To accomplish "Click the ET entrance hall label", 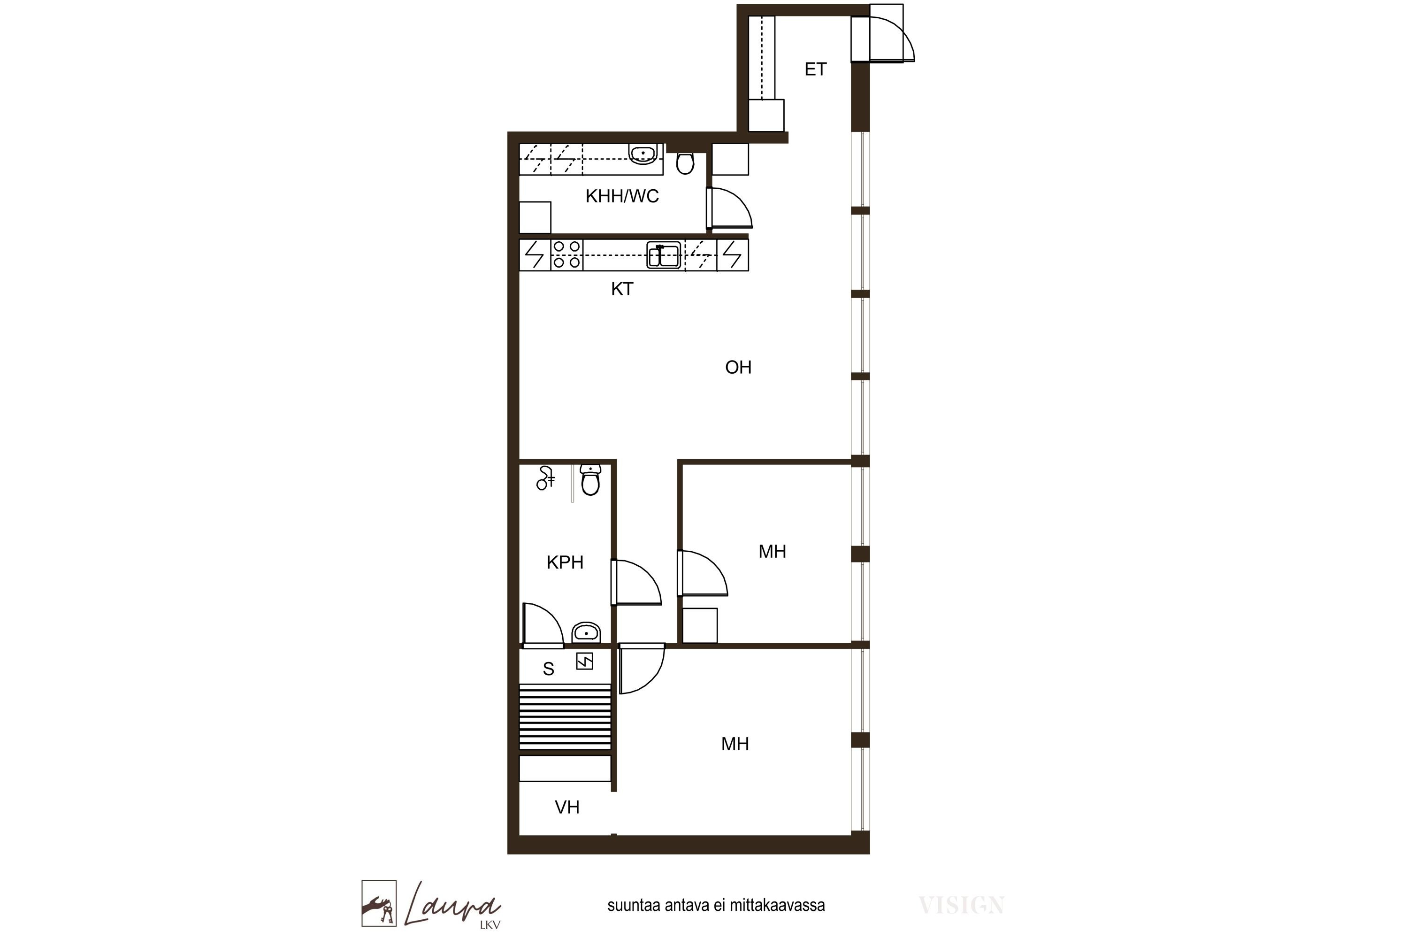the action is (x=815, y=69).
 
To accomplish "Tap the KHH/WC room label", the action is (x=622, y=196).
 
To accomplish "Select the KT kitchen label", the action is (x=622, y=289).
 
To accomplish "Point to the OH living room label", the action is (x=738, y=367).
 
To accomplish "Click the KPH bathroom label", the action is (x=565, y=562).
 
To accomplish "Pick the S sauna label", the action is (x=548, y=670).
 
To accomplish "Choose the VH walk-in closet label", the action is (x=567, y=807).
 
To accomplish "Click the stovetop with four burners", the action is (x=566, y=254).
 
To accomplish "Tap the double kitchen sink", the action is (x=663, y=255).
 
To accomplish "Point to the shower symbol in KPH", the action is (x=545, y=478).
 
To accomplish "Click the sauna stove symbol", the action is (x=584, y=661).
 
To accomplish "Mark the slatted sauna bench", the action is (x=565, y=717).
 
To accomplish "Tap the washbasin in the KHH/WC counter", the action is (x=643, y=154).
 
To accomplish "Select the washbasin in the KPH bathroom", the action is (x=586, y=632).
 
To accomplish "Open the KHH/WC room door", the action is (x=730, y=208).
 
